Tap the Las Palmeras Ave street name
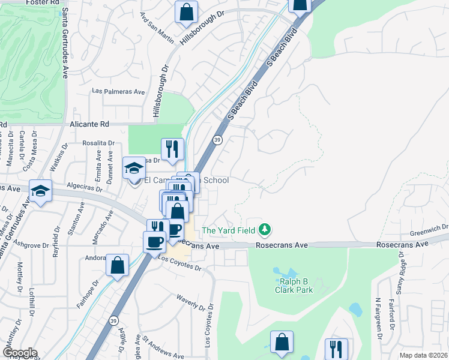point(118,92)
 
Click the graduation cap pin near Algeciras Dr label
point(40,191)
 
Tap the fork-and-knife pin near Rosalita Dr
point(172,149)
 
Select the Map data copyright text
point(423,355)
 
